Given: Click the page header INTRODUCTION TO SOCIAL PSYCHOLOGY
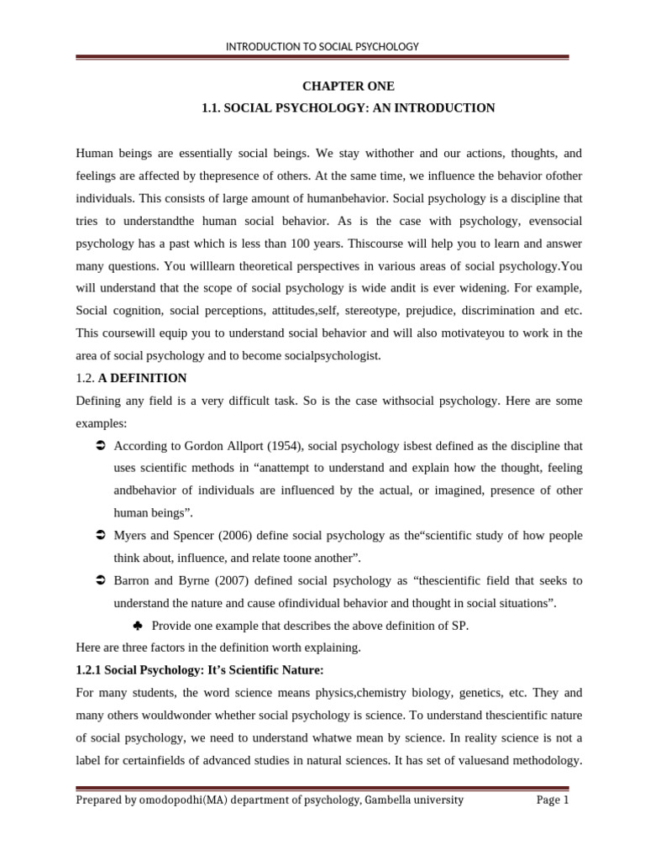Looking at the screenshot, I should [x=322, y=47].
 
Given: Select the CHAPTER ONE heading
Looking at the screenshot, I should [x=348, y=87].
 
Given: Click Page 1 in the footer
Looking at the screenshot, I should [x=553, y=800].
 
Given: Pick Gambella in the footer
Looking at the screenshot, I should [x=395, y=800].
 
